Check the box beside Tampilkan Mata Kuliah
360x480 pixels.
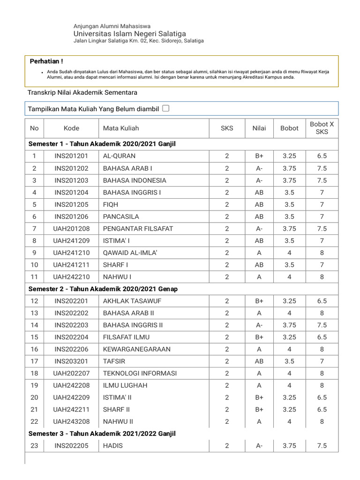click(x=165, y=108)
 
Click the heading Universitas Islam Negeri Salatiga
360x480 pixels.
click(x=130, y=34)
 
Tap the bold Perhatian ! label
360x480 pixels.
click(x=46, y=61)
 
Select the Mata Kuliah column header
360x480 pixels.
click(x=121, y=128)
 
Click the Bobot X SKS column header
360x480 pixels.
click(x=322, y=128)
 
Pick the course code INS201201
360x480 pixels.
click(x=71, y=156)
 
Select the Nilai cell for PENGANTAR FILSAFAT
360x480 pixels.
click(x=259, y=229)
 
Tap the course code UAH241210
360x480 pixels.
click(x=71, y=253)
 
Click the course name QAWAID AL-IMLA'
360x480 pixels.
click(x=130, y=253)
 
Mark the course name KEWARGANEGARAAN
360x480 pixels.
click(x=137, y=349)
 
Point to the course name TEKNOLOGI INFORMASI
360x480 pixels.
click(x=140, y=373)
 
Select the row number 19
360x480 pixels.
click(x=34, y=385)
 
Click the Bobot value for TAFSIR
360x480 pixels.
click(x=289, y=361)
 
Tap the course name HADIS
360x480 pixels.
click(x=113, y=446)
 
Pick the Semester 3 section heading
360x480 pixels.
click(x=102, y=434)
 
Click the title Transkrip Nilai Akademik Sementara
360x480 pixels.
click(x=82, y=93)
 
